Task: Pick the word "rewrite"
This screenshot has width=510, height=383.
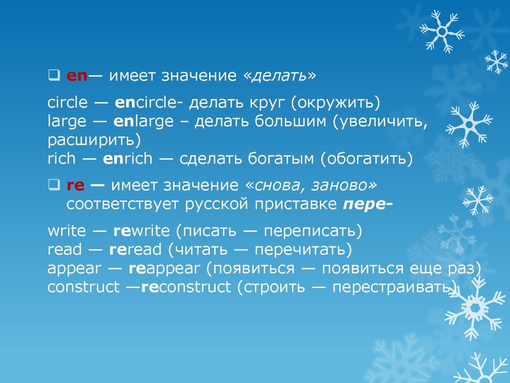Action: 141,230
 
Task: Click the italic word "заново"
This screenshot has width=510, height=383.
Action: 346,186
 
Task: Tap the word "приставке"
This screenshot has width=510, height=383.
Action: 298,205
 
